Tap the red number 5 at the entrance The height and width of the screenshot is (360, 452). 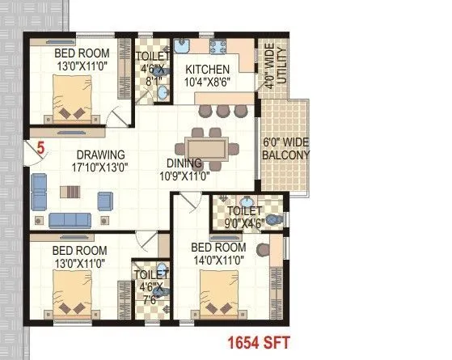[x=40, y=148]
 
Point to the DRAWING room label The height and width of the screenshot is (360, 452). [x=100, y=155]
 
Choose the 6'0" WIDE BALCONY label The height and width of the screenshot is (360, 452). [x=286, y=149]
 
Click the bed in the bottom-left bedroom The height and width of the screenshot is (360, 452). [x=76, y=294]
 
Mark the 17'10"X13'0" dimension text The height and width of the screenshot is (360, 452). [x=100, y=167]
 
